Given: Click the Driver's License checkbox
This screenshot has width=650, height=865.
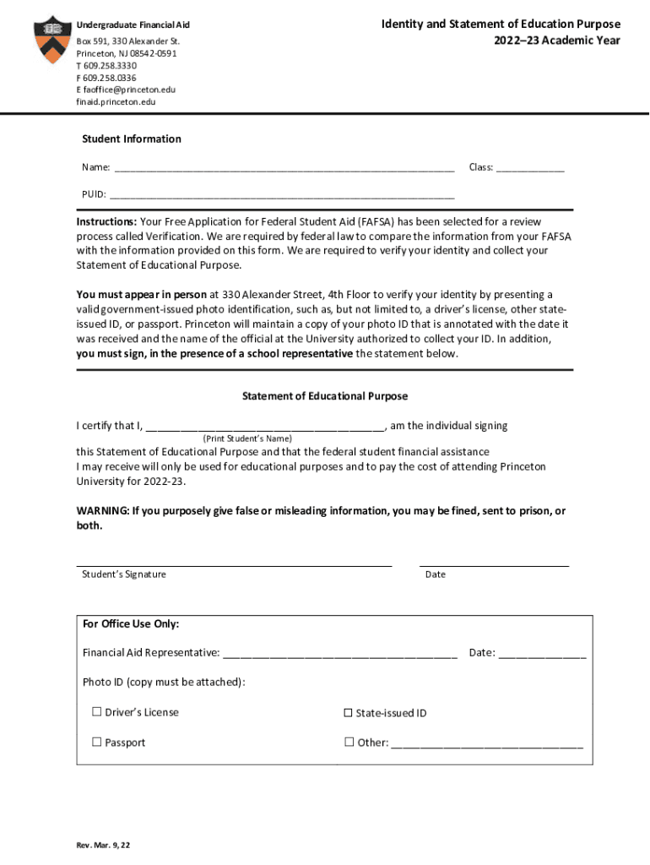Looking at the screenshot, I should coord(96,712).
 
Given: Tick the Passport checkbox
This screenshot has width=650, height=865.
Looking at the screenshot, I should coord(96,743).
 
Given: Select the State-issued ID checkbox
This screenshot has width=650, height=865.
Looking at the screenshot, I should coord(348,713).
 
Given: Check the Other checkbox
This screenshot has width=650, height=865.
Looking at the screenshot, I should coord(348,743).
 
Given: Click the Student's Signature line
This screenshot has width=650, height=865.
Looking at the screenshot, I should coord(234,563).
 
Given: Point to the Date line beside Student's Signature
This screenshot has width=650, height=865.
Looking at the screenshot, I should coord(494,563).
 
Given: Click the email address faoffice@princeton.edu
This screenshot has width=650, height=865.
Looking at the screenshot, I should coord(126,90).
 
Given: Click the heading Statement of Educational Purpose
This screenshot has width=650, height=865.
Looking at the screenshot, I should coord(325,396).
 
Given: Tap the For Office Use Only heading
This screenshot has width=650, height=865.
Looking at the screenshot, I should coord(131,624).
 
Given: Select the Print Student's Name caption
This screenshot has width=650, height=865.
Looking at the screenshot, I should coord(247,439).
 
